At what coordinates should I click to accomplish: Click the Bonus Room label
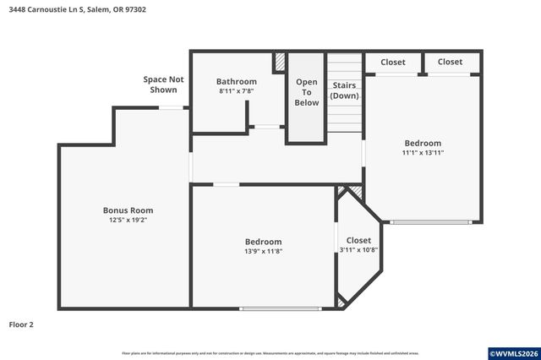tap(128, 210)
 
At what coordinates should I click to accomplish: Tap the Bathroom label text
tap(236, 82)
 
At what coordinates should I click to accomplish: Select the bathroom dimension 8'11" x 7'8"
tap(236, 91)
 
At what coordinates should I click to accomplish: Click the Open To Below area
tap(306, 92)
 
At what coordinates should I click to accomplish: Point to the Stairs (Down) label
tap(344, 90)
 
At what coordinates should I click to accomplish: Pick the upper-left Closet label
tap(393, 63)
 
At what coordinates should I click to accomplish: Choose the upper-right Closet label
tap(450, 63)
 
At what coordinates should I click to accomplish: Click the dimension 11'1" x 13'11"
tap(423, 153)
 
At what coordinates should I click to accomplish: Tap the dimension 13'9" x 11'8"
tap(263, 251)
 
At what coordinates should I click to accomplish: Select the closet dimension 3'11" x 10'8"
tap(358, 250)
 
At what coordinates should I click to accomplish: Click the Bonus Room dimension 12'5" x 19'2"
tap(128, 220)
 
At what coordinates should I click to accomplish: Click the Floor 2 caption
tap(21, 325)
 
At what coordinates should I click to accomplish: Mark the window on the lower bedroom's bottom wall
tap(281, 308)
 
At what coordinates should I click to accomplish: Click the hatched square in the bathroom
tap(279, 63)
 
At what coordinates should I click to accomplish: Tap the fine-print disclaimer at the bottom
tap(270, 353)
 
